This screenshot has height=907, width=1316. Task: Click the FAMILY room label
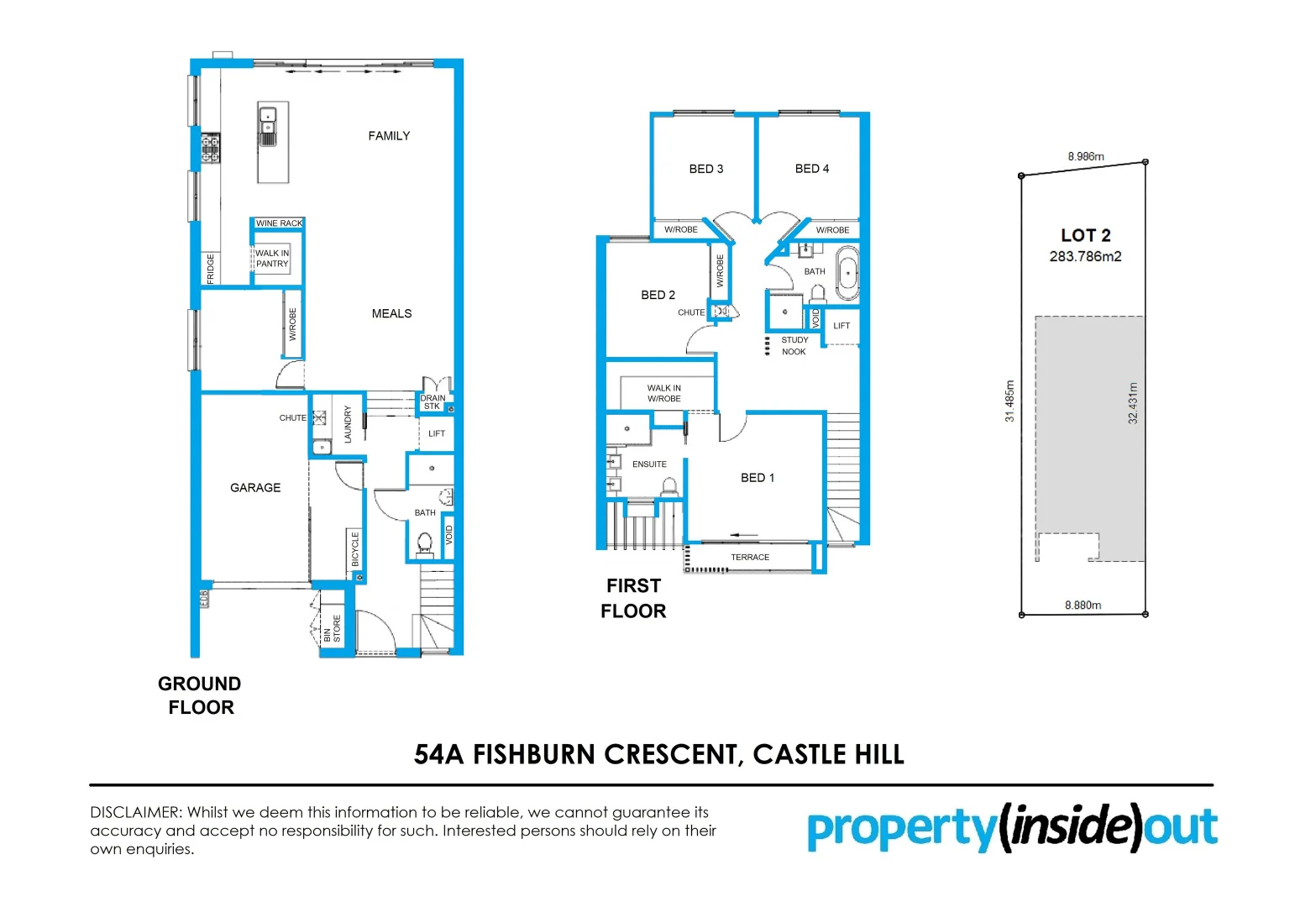[389, 136]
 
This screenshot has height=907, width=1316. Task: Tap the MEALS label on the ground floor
[391, 314]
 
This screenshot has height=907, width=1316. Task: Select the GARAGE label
[255, 488]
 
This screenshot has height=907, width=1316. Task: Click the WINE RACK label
[279, 223]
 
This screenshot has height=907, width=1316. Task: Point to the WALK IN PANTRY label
[272, 259]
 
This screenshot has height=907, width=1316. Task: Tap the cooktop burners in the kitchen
[210, 149]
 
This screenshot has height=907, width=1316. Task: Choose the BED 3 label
[705, 169]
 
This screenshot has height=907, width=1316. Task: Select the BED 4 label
[812, 169]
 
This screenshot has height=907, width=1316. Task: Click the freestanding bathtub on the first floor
[847, 273]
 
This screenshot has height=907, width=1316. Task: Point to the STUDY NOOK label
[794, 346]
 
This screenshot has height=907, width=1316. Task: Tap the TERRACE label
[750, 558]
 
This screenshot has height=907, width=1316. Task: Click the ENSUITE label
[649, 464]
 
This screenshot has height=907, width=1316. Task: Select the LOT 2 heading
[1085, 235]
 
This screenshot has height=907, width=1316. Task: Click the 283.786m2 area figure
[1085, 257]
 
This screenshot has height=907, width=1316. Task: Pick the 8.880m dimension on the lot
[1083, 606]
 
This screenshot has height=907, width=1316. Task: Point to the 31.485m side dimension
[1009, 401]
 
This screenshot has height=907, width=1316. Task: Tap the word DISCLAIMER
[135, 813]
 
